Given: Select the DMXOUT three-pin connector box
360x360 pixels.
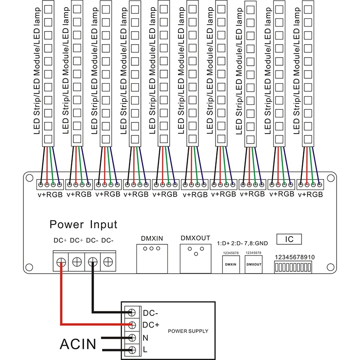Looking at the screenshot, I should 195,257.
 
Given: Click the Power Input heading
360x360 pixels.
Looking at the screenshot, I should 83,224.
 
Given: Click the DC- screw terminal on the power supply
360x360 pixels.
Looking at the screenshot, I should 132,312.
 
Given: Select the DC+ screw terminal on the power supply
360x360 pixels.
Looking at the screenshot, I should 132,324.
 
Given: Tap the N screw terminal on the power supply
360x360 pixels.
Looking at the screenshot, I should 132,337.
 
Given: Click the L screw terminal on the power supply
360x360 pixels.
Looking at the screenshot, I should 132,350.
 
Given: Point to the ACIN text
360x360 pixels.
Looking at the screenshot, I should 78,344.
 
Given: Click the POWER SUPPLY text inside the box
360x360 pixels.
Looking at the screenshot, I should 188,331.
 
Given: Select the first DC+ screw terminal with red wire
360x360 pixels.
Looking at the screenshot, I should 60,261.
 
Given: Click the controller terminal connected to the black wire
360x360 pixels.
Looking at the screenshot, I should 92,261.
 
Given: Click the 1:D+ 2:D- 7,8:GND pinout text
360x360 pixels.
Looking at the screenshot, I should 242,243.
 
